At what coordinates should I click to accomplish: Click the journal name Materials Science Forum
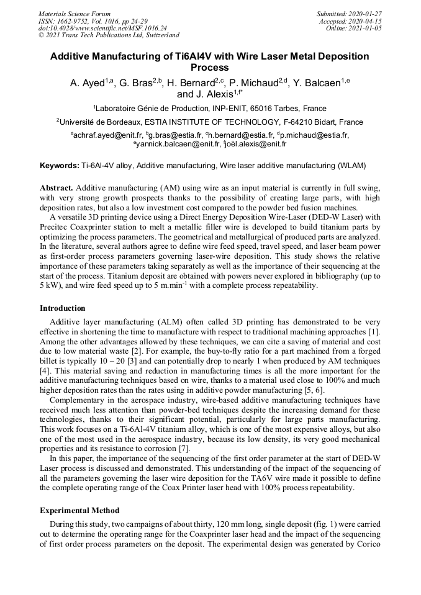(75, 14)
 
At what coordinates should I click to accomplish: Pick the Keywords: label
(60, 166)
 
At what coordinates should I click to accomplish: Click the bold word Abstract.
(57, 187)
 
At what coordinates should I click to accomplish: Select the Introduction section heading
(63, 308)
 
